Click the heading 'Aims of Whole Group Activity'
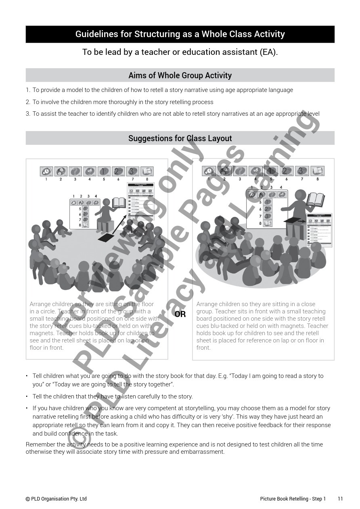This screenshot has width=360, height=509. click(180, 75)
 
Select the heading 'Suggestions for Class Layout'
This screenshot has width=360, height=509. click(180, 138)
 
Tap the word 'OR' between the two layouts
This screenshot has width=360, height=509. click(180, 314)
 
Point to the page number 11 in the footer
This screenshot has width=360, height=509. click(340, 499)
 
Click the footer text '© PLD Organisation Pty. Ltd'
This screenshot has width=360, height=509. click(56, 499)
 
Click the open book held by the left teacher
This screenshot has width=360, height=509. click(119, 202)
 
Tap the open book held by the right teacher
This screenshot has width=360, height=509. click(316, 199)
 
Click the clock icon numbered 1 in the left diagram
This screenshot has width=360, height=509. click(46, 171)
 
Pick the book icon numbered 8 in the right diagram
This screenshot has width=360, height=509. click(318, 171)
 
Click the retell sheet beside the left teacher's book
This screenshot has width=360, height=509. click(140, 201)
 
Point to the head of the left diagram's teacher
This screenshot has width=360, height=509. click(107, 202)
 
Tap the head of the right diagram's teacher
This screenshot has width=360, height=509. click(300, 195)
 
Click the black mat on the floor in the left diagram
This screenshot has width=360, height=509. click(105, 238)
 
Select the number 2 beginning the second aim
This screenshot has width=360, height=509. click(28, 102)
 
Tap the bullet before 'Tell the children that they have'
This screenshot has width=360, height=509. click(27, 396)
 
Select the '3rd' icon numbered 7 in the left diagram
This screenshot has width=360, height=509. click(132, 171)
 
